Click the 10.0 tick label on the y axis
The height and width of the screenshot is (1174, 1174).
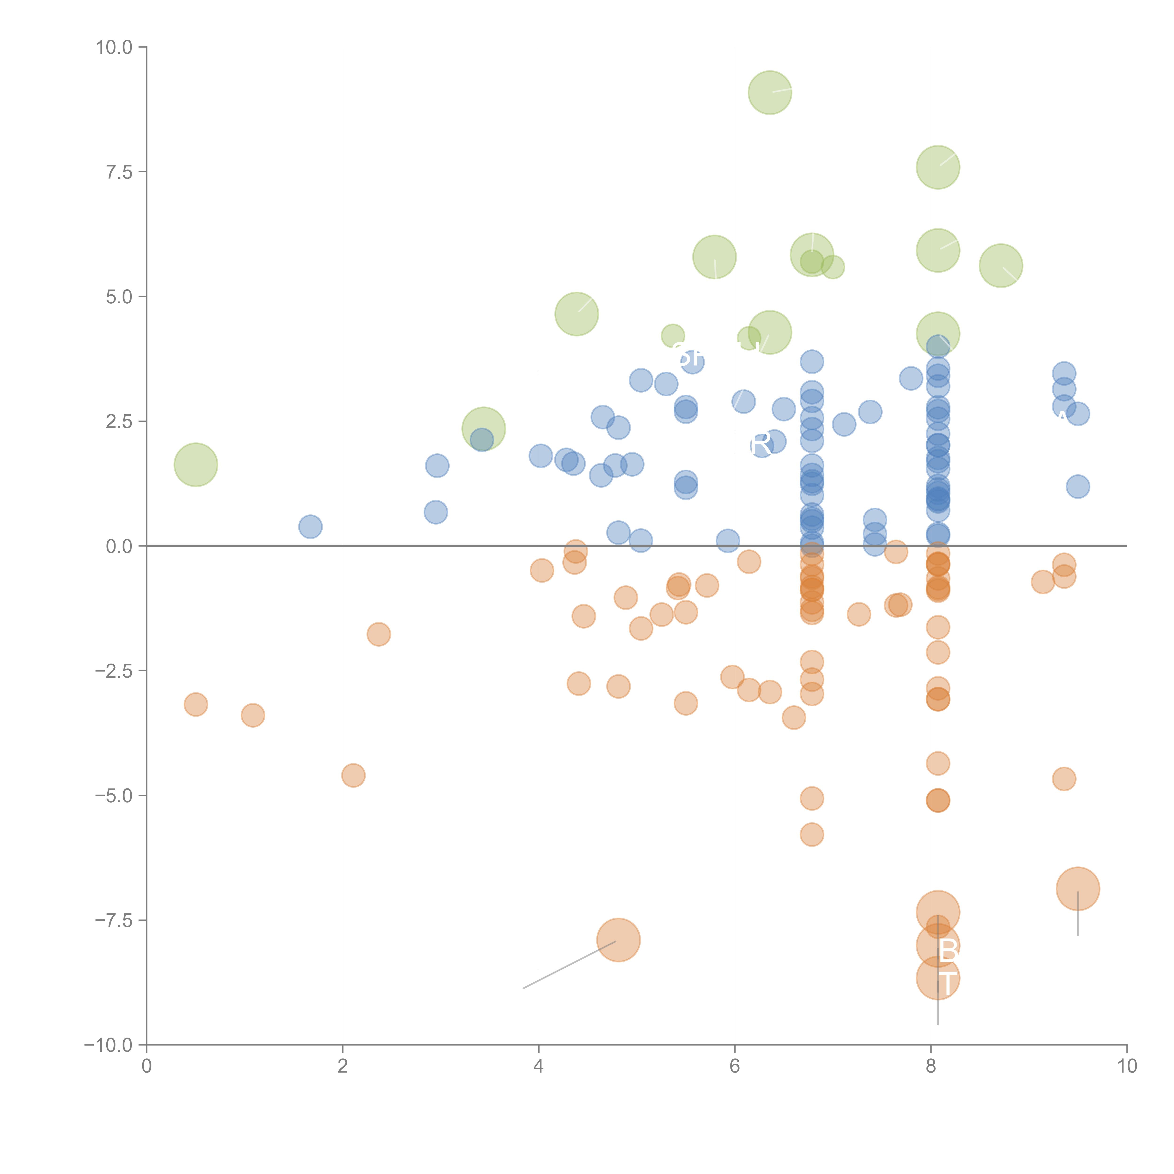coord(114,47)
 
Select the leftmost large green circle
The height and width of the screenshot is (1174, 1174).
coord(196,465)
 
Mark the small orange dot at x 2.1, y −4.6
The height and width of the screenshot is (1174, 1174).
coord(353,775)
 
